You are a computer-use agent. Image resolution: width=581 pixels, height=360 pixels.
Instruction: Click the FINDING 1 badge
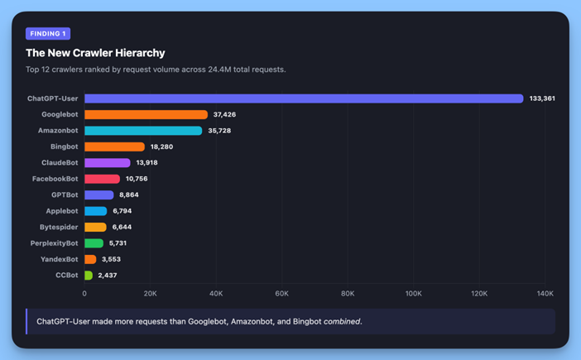tap(48, 34)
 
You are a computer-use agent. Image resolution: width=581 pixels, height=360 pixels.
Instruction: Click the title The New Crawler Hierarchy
tap(95, 53)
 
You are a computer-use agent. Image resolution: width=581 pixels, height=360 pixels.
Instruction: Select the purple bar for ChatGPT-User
tap(304, 98)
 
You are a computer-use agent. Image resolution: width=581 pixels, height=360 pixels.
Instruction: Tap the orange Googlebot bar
tap(146, 115)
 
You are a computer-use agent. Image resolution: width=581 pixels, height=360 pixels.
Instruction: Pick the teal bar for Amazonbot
tap(143, 131)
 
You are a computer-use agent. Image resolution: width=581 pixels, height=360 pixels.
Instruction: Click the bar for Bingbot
tap(114, 146)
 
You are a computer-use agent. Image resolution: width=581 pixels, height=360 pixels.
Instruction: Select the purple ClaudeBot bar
tap(108, 163)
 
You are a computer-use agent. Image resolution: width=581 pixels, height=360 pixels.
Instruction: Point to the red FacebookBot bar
tap(102, 179)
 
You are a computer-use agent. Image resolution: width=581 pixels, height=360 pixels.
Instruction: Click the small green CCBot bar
tap(89, 276)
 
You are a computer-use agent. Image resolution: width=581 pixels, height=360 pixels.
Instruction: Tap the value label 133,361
tap(542, 98)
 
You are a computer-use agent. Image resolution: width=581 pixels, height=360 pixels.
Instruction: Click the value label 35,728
tap(221, 131)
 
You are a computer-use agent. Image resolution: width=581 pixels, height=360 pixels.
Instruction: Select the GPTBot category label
tap(64, 195)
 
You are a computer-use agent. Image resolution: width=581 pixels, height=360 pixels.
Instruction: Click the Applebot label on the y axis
tap(62, 211)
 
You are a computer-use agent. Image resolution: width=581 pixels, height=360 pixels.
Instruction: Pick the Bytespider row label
tap(59, 228)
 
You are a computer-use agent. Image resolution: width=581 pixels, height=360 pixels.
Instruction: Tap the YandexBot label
tap(60, 259)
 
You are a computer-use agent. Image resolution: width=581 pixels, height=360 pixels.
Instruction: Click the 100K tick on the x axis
tap(414, 294)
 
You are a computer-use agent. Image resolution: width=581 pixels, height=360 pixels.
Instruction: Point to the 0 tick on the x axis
tap(84, 294)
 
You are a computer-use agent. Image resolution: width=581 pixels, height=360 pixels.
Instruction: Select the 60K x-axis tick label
tap(281, 294)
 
